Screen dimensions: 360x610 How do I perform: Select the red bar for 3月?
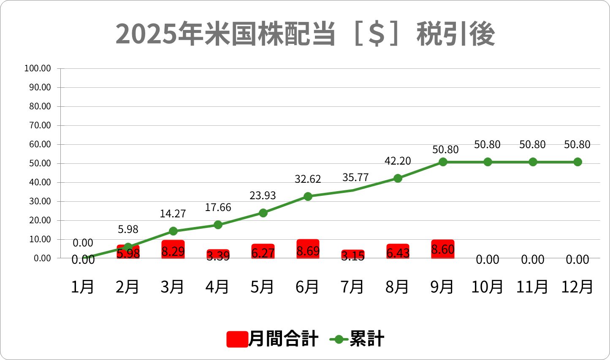tap(173, 249)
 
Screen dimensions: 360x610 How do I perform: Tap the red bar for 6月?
tap(308, 249)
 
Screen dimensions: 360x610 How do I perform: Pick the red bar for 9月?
tap(443, 249)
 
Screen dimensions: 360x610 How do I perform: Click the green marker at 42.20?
tap(398, 178)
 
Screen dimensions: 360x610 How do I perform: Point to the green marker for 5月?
tap(263, 213)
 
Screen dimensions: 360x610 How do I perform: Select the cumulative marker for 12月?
tap(577, 162)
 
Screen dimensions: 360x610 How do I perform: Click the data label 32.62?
tap(308, 179)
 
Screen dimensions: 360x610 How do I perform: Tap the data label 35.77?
tap(355, 177)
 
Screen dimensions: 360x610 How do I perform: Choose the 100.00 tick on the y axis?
tap(38, 68)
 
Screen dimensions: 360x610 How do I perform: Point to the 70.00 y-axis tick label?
tap(40, 125)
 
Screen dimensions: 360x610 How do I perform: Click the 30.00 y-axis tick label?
tap(40, 201)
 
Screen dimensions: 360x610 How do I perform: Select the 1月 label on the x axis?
tap(83, 287)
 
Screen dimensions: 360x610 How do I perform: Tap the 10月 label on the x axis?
tap(487, 287)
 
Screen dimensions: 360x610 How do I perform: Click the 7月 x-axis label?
tap(352, 287)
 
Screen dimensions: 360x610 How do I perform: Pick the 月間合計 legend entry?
tap(273, 339)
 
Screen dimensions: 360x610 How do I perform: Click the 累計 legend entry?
tap(357, 339)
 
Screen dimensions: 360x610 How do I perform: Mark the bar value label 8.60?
tap(443, 249)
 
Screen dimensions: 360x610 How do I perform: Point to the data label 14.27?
tap(173, 214)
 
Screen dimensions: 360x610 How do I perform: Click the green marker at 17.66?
tap(218, 225)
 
